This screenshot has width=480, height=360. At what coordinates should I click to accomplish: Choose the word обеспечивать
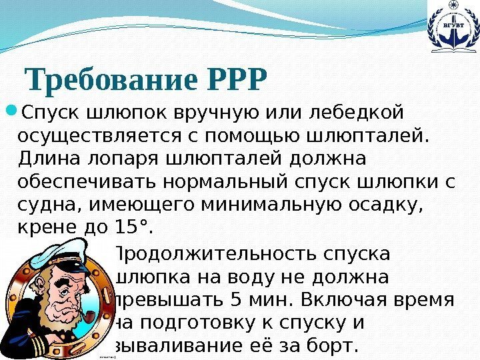pyautogui.click(x=88, y=182)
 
